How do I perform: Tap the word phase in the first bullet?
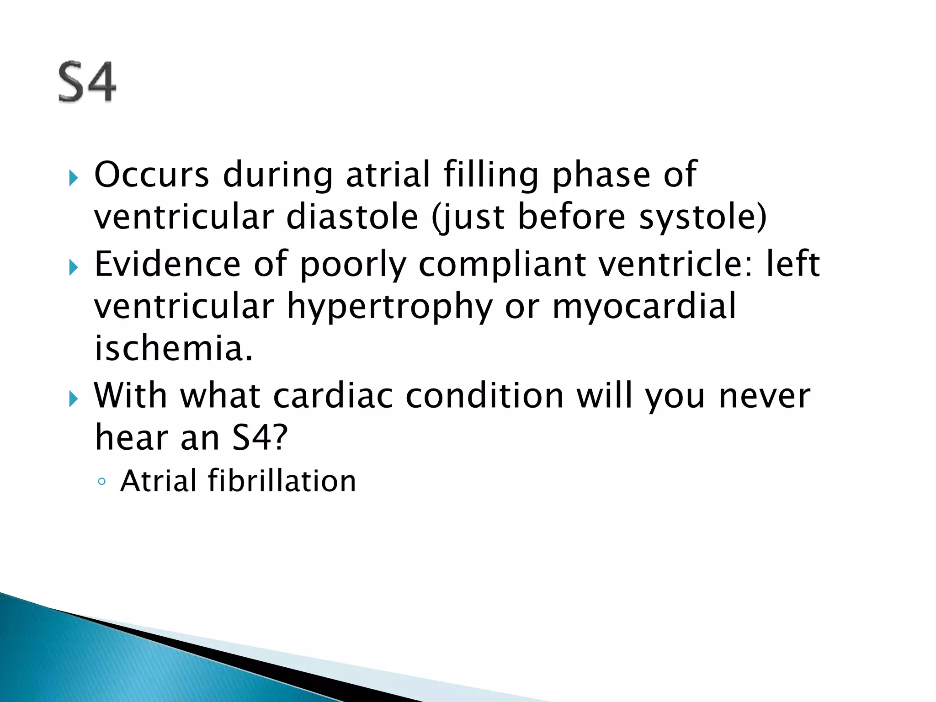[x=601, y=175]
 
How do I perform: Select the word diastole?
[x=352, y=217]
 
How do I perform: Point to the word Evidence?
[x=167, y=264]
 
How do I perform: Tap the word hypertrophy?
[x=389, y=306]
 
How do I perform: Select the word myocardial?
[x=644, y=306]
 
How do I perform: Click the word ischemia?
[x=173, y=348]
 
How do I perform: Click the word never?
[x=764, y=396]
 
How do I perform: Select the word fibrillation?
[x=282, y=481]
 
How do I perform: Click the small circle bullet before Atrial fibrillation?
[x=101, y=482]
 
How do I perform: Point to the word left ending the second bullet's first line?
[x=792, y=264]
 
